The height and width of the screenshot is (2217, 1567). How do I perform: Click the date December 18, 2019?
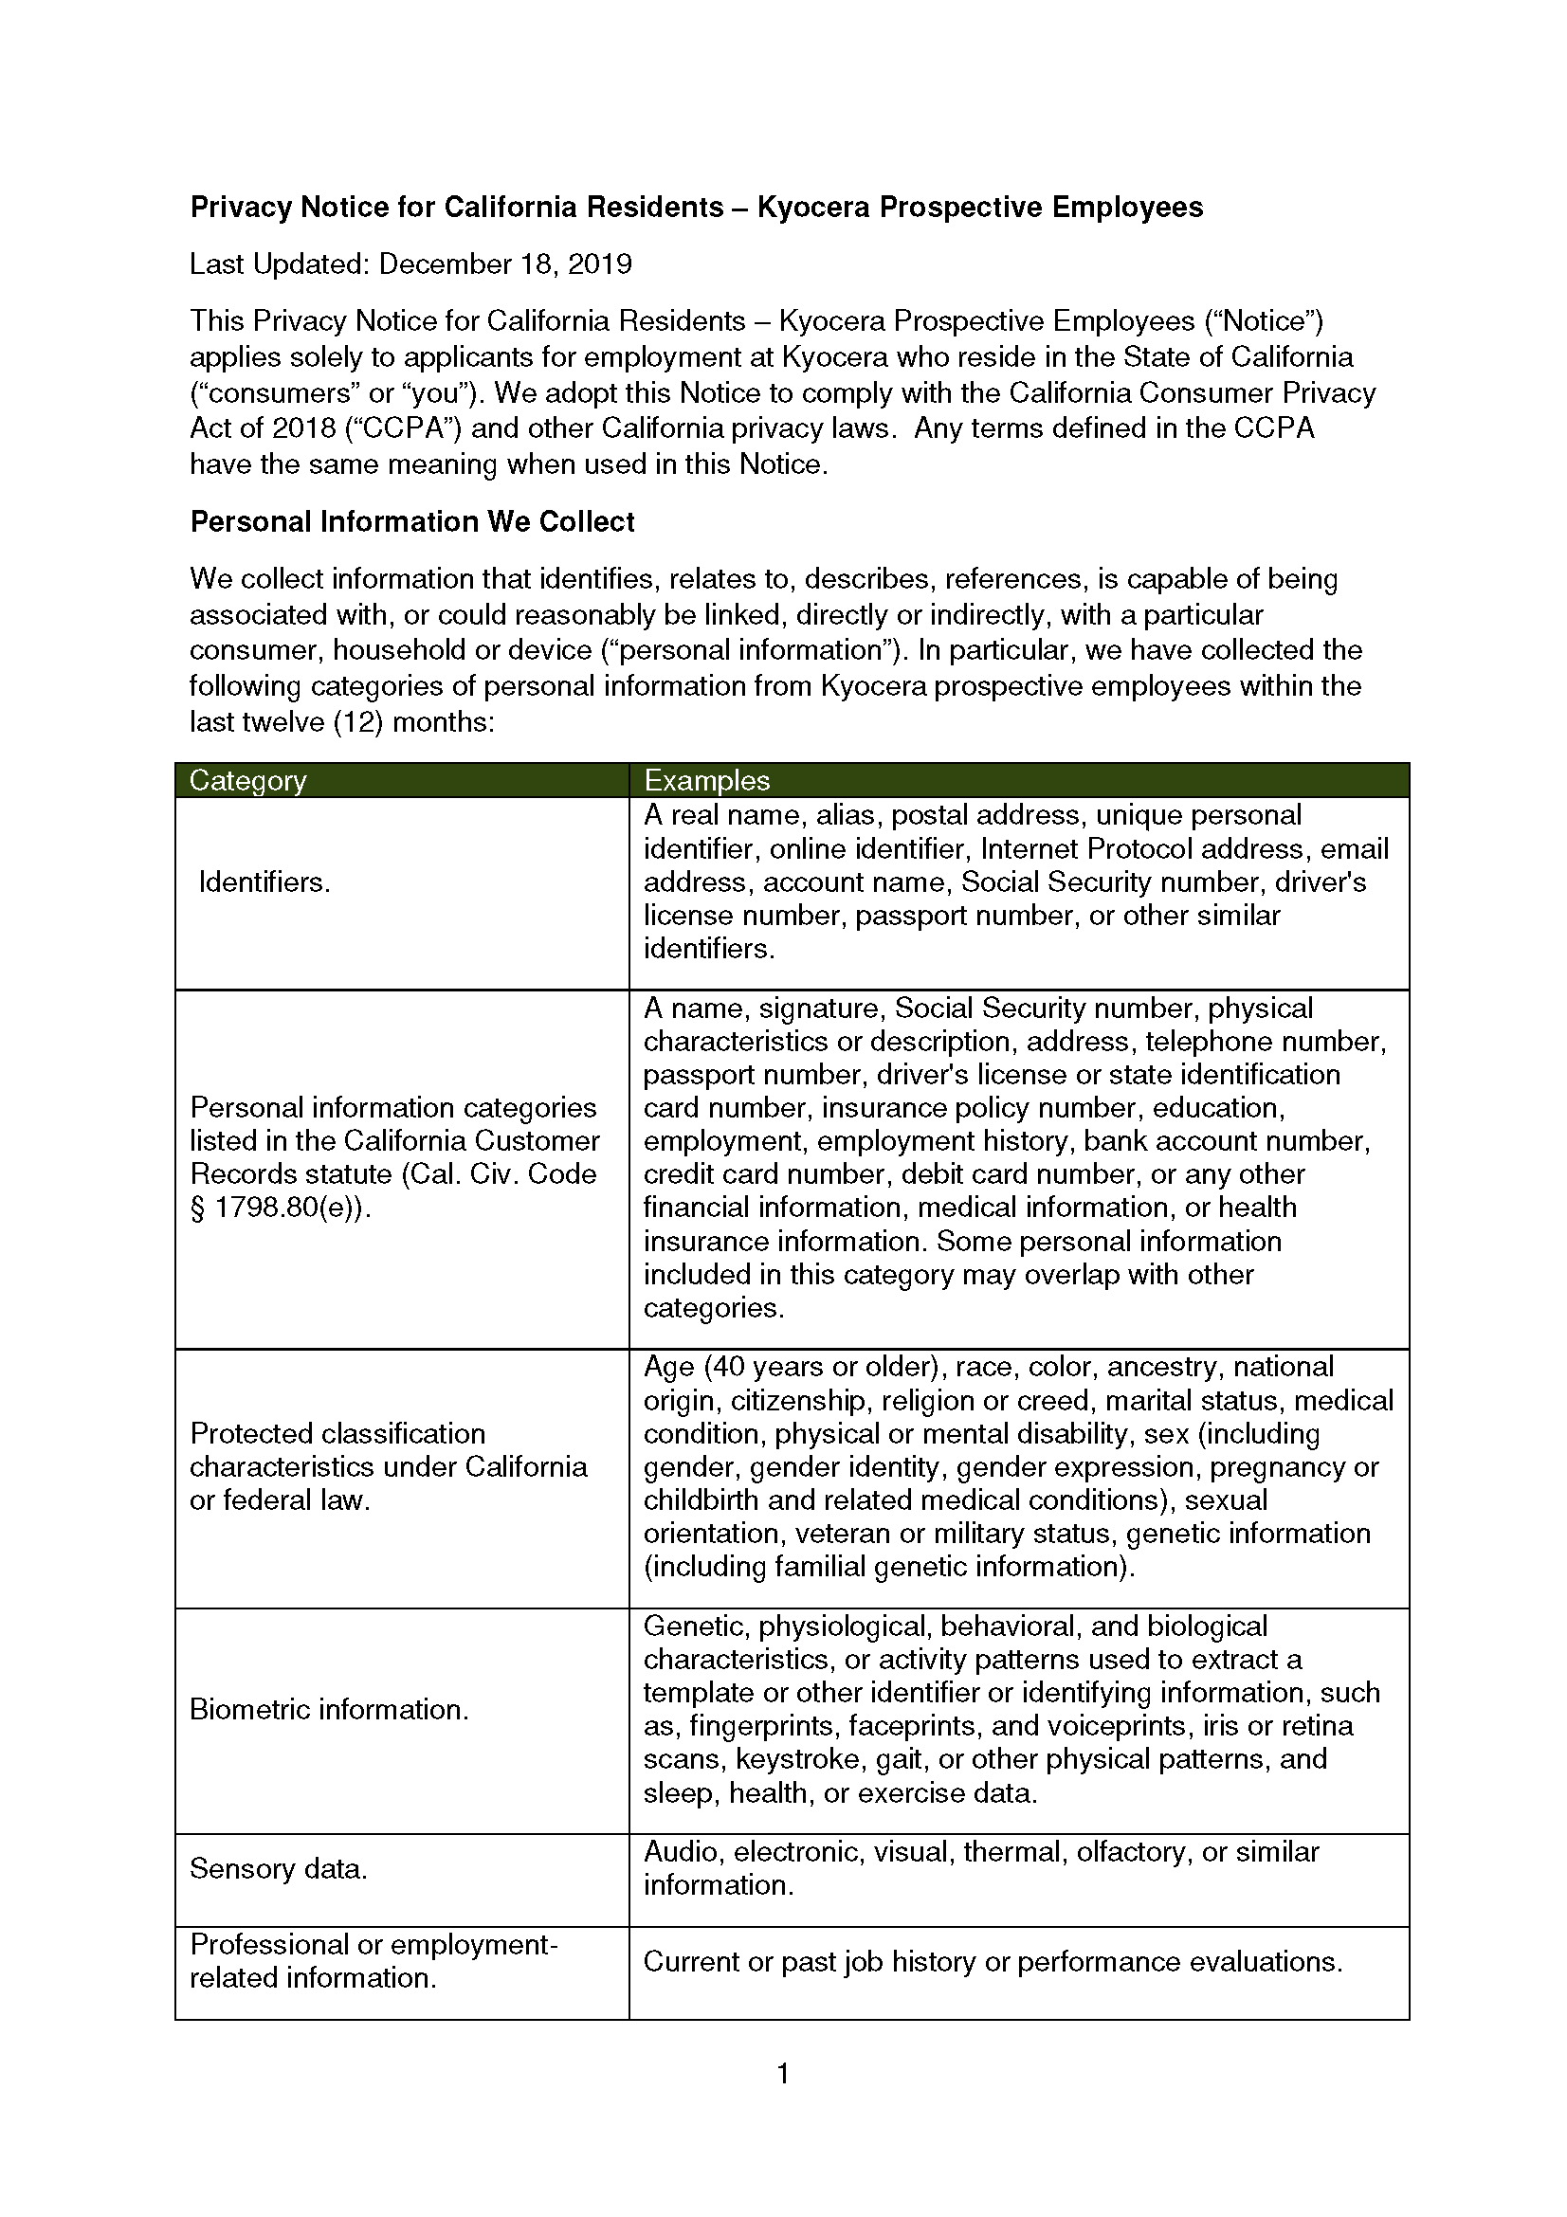click(505, 263)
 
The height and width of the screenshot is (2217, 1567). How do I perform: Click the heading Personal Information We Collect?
click(412, 521)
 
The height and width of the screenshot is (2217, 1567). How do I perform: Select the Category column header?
click(247, 780)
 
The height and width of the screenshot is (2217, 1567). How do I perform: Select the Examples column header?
click(707, 780)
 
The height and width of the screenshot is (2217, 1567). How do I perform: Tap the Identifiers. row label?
click(264, 881)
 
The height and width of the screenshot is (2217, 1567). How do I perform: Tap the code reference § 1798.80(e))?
click(280, 1207)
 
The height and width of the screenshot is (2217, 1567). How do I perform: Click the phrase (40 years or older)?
click(829, 1367)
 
